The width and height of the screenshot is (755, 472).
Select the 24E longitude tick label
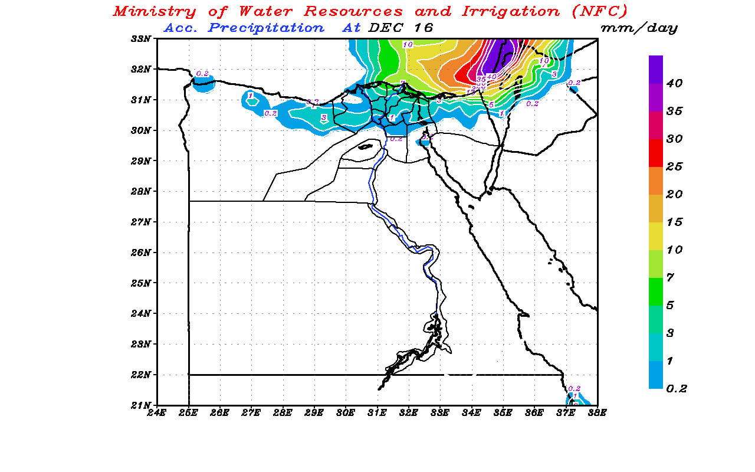click(156, 412)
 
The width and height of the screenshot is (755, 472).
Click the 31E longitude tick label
click(377, 412)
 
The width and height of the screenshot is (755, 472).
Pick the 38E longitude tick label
click(597, 412)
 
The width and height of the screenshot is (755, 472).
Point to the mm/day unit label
click(639, 28)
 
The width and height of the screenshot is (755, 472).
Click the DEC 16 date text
click(401, 28)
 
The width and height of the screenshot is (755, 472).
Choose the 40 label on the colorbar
click(674, 83)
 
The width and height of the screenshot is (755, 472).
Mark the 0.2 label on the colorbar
click(676, 388)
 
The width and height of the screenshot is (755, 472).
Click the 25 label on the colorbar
click(674, 166)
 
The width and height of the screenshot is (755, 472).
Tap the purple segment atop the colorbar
click(656, 69)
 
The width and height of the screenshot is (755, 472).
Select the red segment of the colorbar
click(656, 152)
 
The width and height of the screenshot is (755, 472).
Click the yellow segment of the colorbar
click(656, 235)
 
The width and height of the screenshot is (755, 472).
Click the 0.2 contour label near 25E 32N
click(202, 74)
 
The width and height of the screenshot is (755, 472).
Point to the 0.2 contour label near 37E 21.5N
click(574, 388)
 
